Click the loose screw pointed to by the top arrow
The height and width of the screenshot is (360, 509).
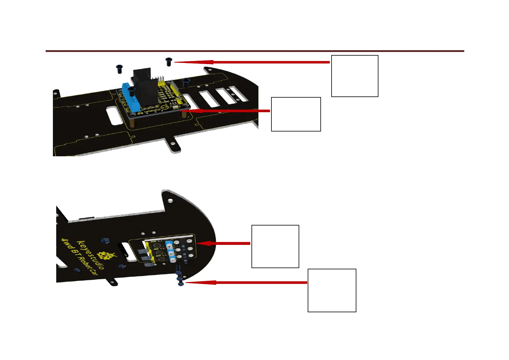[169, 62]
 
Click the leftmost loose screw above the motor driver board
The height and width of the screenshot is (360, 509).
[119, 69]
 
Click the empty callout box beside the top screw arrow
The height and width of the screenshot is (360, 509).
[355, 76]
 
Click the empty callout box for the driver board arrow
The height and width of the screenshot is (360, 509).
[296, 114]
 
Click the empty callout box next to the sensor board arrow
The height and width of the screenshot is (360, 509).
[275, 246]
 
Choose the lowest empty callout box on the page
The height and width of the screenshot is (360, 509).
[332, 290]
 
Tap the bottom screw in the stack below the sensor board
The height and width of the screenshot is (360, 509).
[181, 283]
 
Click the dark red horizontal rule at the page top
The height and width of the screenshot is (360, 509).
[254, 51]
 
